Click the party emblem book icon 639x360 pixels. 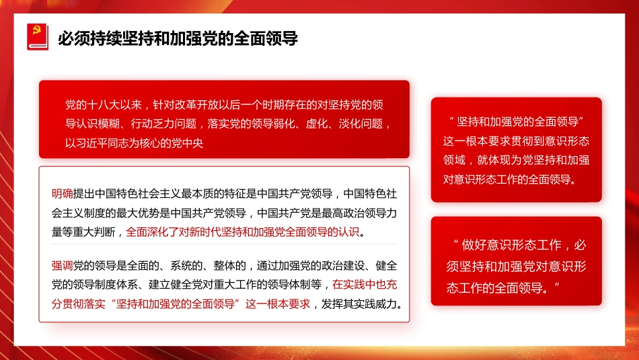tap(37, 36)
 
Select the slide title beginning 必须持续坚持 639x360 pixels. tap(178, 37)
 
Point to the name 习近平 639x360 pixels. tap(93, 143)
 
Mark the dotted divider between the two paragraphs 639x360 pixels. tap(225, 244)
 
